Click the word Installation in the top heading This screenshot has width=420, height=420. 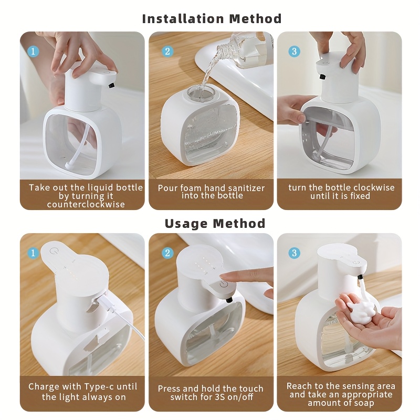183,19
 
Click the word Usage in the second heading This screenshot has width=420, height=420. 185,224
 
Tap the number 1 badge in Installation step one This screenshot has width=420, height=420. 33,51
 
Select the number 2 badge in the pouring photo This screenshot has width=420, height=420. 167,51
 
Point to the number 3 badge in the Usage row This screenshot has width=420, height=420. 294,253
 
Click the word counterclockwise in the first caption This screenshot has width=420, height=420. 86,204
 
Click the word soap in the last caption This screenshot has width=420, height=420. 362,403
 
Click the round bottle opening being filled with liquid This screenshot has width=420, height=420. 200,94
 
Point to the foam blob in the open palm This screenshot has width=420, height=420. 359,310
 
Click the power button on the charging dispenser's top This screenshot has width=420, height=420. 54,251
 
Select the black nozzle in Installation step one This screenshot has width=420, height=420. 111,86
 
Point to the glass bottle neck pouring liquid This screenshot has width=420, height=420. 226,49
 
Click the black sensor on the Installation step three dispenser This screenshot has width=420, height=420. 322,77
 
